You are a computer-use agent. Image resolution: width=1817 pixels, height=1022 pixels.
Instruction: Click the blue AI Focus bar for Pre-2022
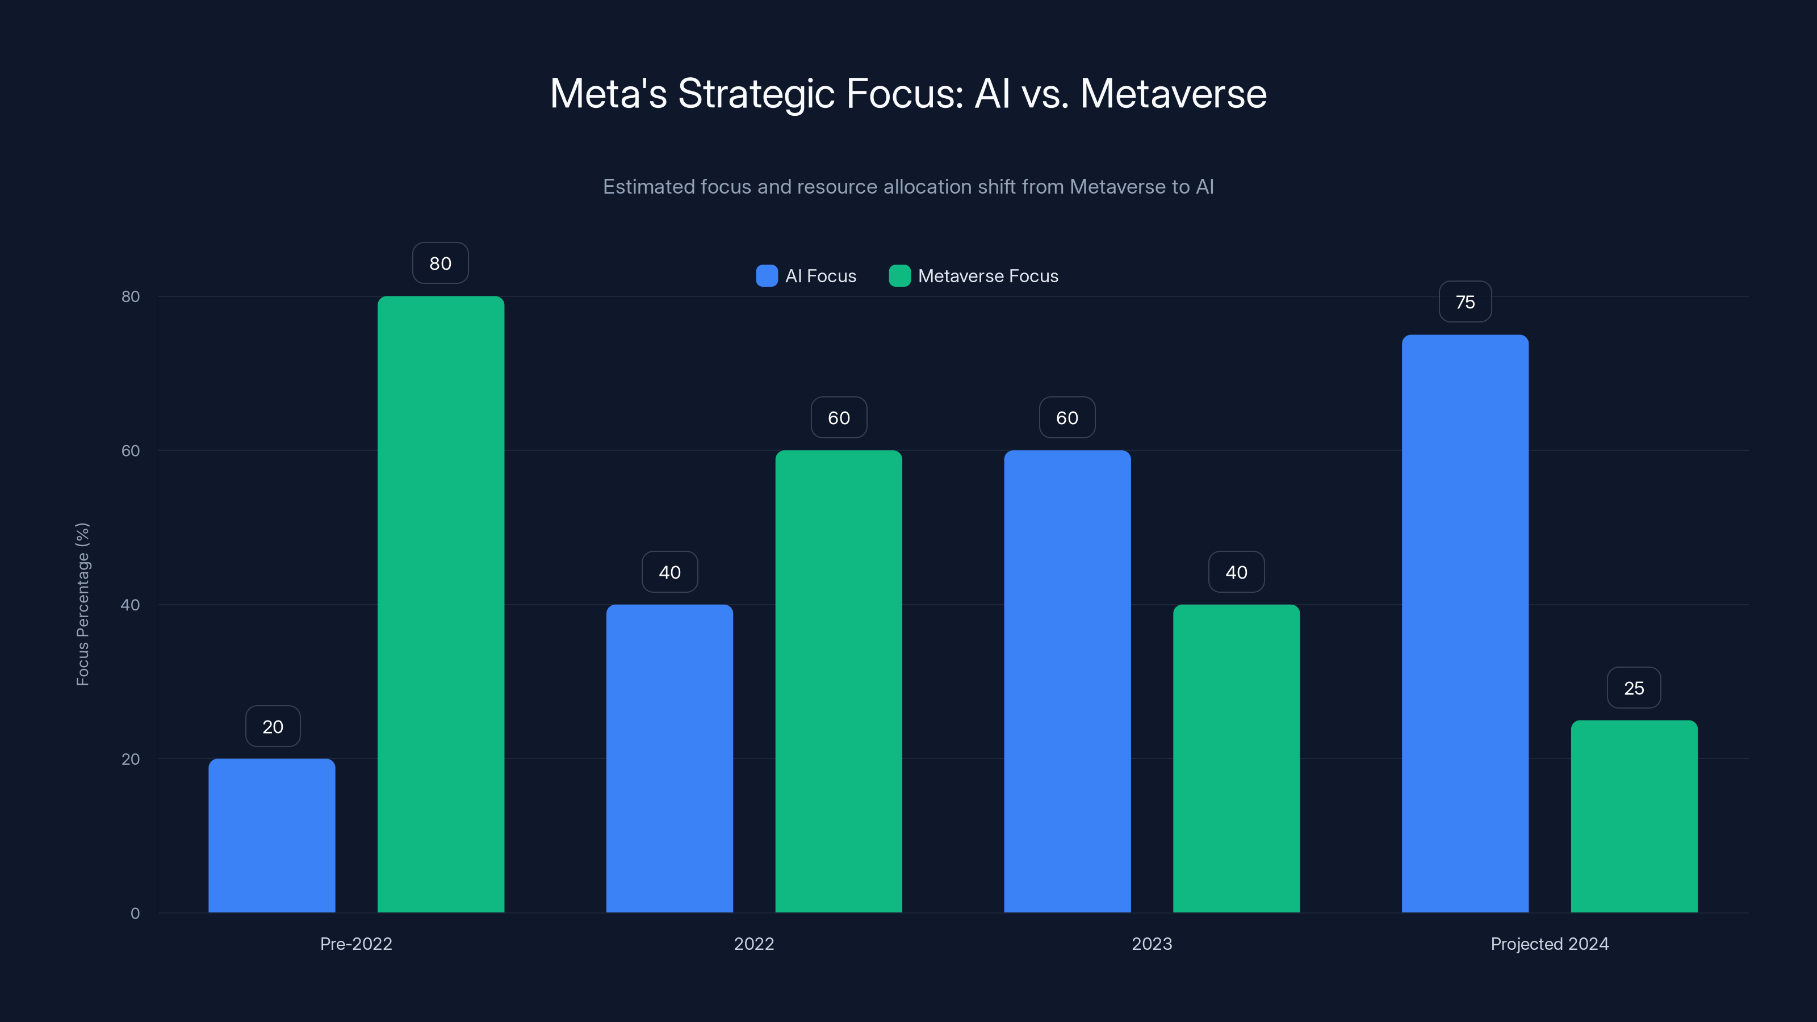271,836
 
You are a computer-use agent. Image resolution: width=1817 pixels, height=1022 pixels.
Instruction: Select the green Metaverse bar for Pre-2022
441,605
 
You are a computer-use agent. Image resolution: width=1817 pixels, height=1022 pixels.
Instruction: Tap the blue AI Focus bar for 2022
669,759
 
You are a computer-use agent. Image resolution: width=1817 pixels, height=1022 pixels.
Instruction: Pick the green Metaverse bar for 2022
839,681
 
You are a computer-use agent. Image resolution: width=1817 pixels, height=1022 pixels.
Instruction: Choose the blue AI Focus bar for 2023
1067,681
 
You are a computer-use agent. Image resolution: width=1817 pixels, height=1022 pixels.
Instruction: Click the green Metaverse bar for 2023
1237,759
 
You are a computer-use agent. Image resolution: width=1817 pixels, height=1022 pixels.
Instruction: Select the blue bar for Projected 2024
1465,623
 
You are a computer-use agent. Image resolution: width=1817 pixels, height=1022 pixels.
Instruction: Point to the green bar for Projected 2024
1634,817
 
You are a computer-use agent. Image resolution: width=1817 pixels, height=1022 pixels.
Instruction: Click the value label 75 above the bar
1465,302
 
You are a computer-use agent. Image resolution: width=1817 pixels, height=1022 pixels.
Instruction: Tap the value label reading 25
1634,688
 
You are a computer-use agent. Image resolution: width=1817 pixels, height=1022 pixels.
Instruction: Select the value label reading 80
440,263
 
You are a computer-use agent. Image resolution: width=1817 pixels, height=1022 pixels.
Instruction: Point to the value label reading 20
273,727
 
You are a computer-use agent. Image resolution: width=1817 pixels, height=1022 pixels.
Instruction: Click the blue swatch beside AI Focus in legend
767,276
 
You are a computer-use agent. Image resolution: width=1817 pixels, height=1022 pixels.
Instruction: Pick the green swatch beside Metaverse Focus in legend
899,276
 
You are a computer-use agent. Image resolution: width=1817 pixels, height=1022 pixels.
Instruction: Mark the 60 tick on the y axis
131,451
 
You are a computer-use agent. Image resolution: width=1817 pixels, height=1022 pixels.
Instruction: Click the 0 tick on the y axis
135,914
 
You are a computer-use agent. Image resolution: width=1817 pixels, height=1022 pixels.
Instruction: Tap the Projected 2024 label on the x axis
1550,944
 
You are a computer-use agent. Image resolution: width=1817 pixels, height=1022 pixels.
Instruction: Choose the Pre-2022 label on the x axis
356,944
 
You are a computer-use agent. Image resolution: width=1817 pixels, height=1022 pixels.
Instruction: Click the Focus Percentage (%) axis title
82,605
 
